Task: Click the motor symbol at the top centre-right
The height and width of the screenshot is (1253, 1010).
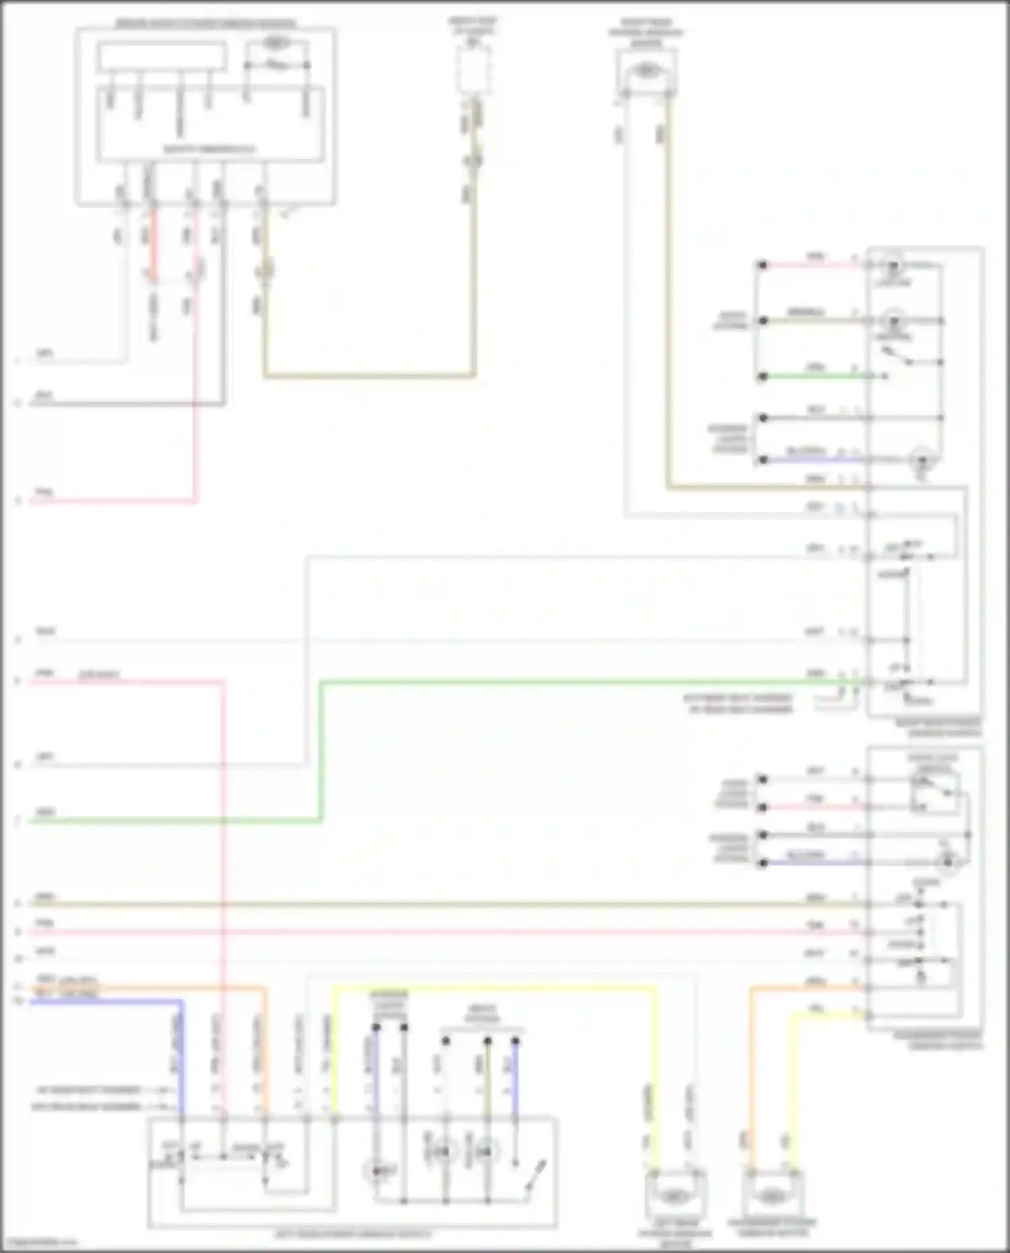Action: (646, 69)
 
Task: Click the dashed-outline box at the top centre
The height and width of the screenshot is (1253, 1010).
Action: (473, 69)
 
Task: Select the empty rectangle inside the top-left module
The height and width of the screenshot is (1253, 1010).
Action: (161, 57)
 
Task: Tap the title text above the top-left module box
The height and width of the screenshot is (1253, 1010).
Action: (205, 24)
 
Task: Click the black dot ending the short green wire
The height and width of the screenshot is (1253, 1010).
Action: (763, 376)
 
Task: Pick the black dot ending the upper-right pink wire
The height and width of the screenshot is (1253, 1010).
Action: (763, 265)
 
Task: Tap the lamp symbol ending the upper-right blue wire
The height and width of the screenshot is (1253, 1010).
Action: (922, 461)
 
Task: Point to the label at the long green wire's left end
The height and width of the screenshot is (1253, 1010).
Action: (45, 813)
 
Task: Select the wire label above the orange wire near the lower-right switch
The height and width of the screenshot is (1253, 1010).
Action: (815, 981)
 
